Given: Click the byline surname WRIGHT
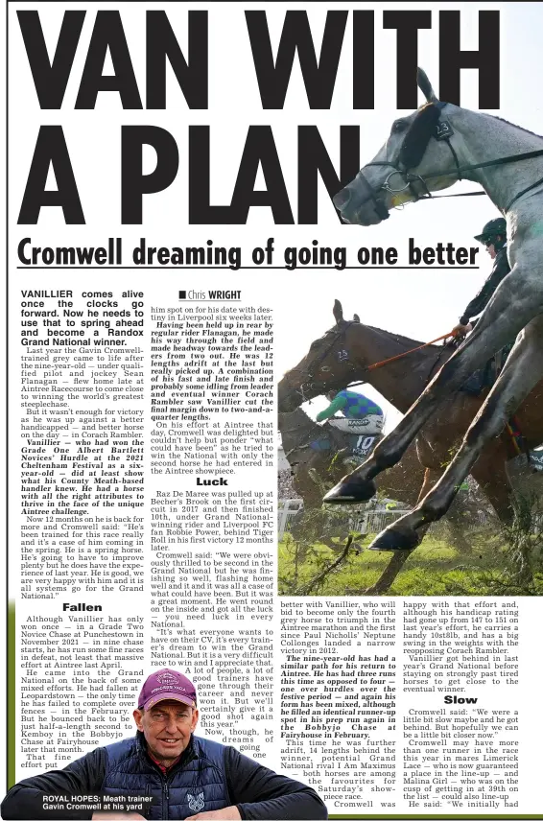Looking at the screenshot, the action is click(x=223, y=294).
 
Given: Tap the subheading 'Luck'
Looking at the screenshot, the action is click(x=212, y=481).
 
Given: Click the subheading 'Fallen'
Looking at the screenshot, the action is click(x=82, y=607).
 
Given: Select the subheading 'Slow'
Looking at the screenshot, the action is click(x=460, y=700).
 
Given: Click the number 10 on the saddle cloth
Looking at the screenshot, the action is click(x=366, y=444).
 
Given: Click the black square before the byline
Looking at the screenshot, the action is click(x=181, y=294).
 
